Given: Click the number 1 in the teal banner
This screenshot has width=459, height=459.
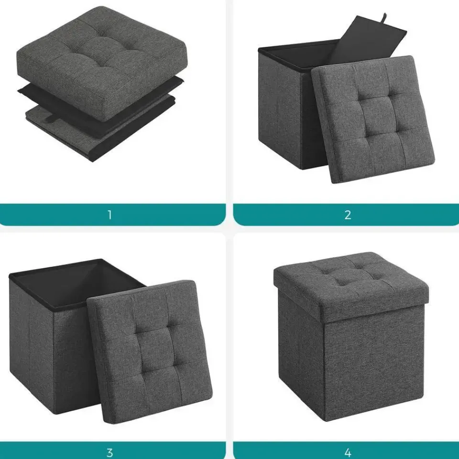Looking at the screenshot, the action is [110, 215].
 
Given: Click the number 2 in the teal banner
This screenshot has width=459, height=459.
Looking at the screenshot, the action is [348, 215].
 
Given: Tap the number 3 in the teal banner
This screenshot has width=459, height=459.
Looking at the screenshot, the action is [110, 453].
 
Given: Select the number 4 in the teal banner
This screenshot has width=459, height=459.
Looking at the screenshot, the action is [348, 453].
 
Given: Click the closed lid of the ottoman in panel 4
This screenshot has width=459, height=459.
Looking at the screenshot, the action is [351, 285].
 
